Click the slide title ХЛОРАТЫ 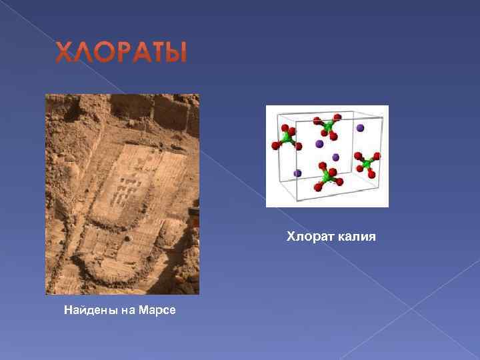coord(121,53)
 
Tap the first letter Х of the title coord(64,53)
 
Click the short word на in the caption coord(127,310)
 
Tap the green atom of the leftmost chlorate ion coord(287,137)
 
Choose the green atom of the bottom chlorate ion coord(327,175)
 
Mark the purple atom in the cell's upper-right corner coord(361,127)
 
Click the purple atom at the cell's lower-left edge coord(297,173)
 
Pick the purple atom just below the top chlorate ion coord(319,143)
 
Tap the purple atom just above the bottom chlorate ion coord(335,157)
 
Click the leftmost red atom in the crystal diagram coord(273,145)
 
